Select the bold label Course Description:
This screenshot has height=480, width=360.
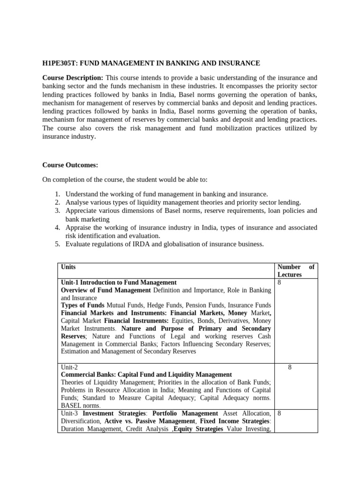(x=73, y=78)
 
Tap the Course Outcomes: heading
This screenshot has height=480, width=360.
(x=70, y=165)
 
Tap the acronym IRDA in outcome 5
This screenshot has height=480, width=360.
(x=137, y=244)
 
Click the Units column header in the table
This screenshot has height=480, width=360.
(x=68, y=267)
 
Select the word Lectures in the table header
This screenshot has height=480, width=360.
(x=290, y=275)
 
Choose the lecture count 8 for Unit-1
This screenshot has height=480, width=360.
(x=279, y=283)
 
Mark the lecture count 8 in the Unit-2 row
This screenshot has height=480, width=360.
(x=290, y=367)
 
